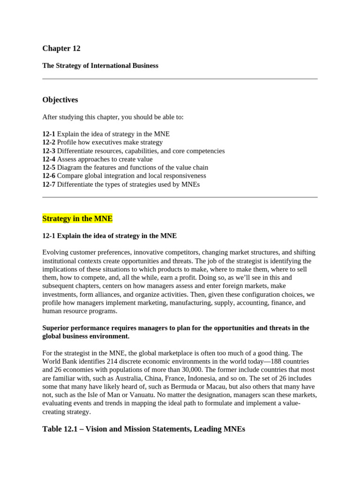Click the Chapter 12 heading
pos(61,48)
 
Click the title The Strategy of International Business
pos(100,66)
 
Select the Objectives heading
pos(60,100)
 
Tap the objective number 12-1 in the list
pos(49,134)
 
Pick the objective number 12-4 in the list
pos(49,159)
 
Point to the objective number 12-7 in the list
pos(49,184)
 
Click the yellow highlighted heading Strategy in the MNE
pos(77,218)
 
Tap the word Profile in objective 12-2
pos(67,142)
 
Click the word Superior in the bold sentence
pos(56,328)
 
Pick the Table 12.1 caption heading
pos(144,429)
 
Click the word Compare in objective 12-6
pos(71,176)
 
